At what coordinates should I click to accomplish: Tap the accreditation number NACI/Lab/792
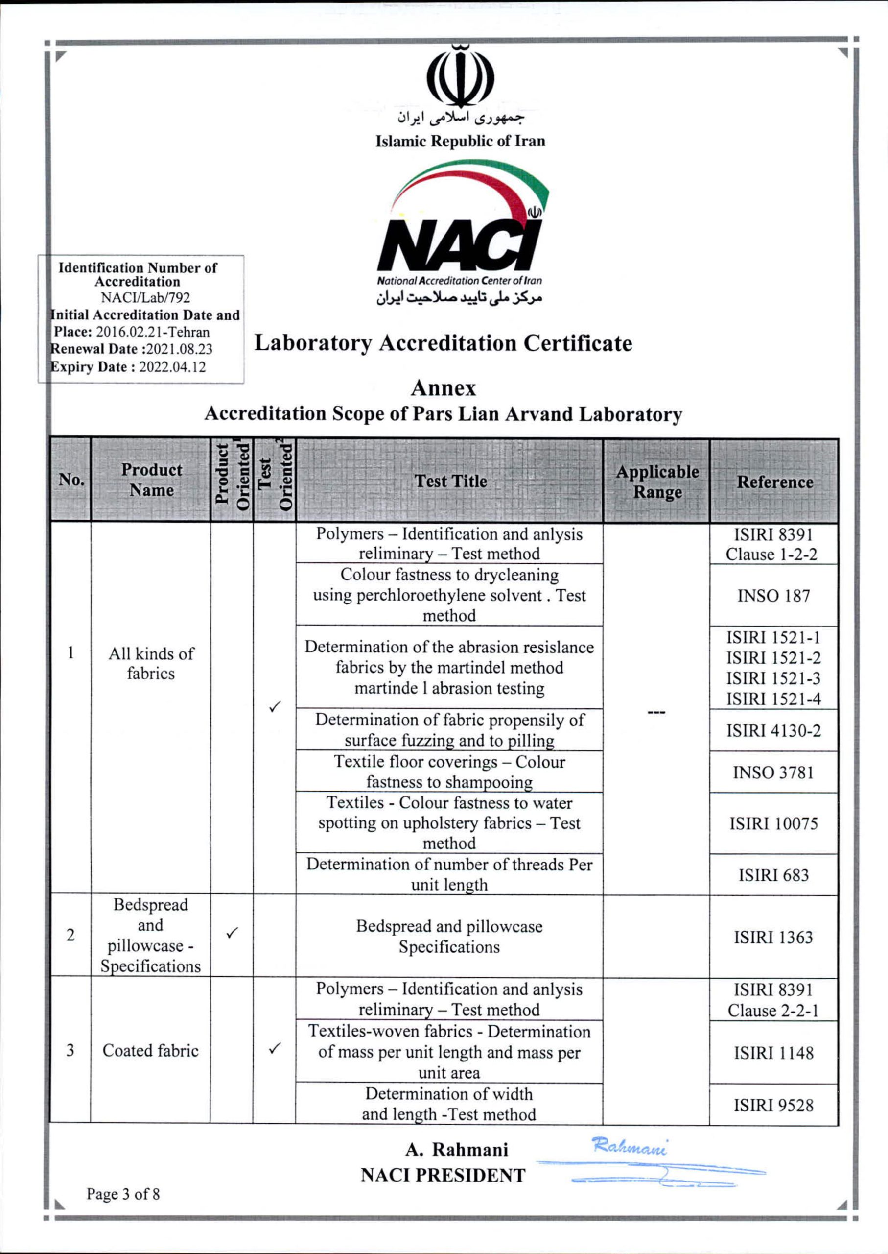pos(145,298)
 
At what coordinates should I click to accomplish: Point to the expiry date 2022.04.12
pos(172,366)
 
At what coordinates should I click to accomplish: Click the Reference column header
pos(774,482)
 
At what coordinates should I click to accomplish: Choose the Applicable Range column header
pos(657,482)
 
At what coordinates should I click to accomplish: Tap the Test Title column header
pos(450,481)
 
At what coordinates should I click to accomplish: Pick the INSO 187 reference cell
pos(773,595)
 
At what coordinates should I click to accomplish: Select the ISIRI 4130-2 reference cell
pos(773,730)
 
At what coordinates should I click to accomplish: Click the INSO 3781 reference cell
pos(773,772)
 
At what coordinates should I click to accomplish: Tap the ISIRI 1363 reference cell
pos(773,937)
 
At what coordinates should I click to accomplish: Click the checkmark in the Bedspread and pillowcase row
pos(232,933)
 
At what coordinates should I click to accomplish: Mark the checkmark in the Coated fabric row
pos(275,1048)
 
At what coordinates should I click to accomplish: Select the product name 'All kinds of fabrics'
pos(151,663)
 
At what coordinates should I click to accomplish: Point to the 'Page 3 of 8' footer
pos(123,1193)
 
